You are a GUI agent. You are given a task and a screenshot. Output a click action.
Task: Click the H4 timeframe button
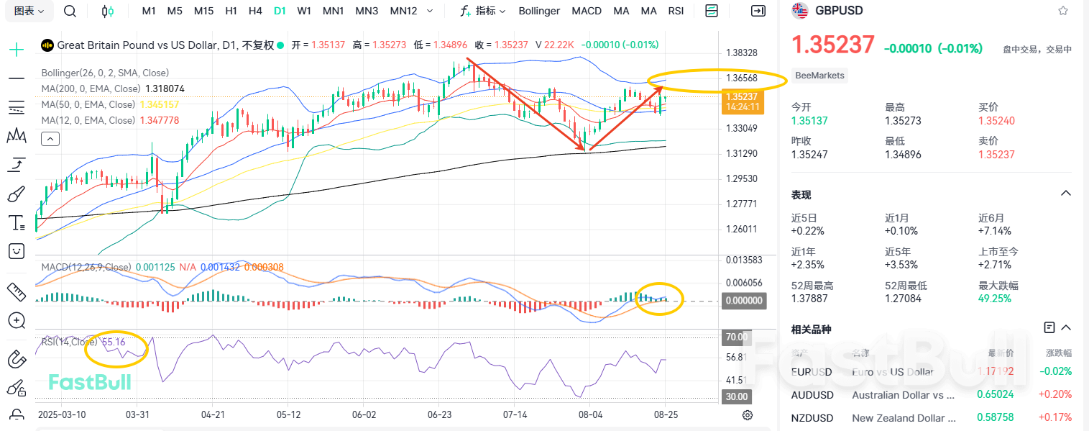click(x=254, y=11)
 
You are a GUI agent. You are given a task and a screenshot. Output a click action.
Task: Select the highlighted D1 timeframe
click(x=279, y=11)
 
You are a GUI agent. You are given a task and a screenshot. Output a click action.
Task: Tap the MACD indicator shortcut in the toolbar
click(x=587, y=11)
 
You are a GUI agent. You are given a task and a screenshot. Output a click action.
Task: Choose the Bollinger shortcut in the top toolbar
click(x=539, y=11)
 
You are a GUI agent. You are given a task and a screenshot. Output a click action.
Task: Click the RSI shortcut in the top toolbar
click(x=676, y=11)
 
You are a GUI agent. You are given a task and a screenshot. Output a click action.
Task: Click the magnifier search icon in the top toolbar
click(x=70, y=11)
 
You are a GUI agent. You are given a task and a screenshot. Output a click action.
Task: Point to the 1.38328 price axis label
click(x=742, y=53)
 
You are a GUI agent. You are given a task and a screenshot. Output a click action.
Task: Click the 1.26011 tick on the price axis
click(x=742, y=229)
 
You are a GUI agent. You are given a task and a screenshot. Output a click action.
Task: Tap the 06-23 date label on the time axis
click(x=439, y=415)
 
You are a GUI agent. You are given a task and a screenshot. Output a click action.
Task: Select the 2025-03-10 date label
click(x=62, y=415)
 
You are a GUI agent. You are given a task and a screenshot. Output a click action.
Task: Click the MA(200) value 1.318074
click(x=165, y=89)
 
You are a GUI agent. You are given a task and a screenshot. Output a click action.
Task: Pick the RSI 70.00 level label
click(x=737, y=337)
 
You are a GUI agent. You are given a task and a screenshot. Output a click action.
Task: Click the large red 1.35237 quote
click(x=832, y=45)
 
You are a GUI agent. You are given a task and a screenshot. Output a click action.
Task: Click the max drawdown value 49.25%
click(x=995, y=298)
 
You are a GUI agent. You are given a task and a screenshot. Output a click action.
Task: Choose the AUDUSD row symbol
click(x=812, y=395)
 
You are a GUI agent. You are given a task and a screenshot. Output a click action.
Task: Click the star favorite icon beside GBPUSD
click(x=1063, y=11)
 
